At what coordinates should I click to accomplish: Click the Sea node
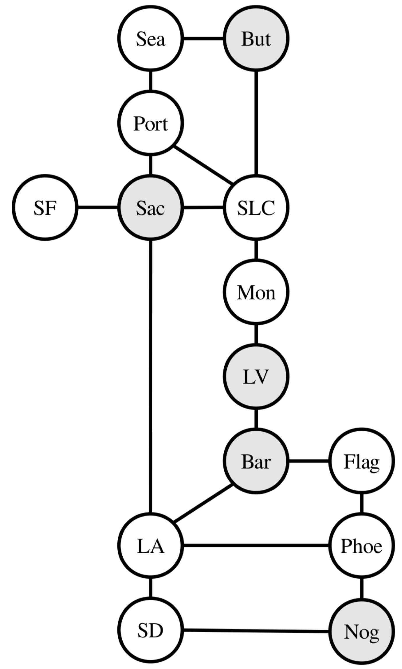pos(151,38)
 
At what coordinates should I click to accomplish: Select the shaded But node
pos(256,38)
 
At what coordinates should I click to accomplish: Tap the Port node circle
pos(151,123)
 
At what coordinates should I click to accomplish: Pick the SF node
pos(45,208)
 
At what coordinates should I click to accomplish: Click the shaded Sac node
pos(151,208)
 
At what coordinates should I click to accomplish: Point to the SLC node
pos(256,208)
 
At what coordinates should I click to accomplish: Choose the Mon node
pos(256,292)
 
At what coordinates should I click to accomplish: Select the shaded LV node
pos(256,376)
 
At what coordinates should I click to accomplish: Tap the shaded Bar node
pos(256,461)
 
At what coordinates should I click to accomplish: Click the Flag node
pos(362,461)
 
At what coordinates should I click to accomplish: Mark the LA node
pos(151,546)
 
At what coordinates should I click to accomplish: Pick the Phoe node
pos(362,546)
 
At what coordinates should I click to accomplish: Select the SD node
pos(151,631)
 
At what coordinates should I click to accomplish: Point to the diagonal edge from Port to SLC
pos(203,165)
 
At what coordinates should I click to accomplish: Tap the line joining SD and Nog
pos(256,631)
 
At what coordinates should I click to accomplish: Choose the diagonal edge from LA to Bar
pos(203,503)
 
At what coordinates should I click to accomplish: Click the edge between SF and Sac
pos(98,208)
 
